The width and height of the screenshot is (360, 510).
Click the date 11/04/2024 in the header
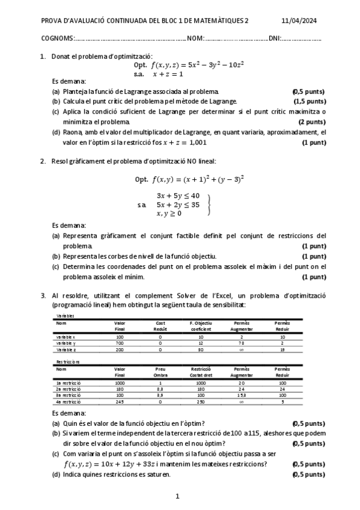pos(299,20)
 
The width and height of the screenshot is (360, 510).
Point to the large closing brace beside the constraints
pos(209,204)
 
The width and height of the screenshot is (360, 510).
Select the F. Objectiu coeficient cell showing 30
pos(201,349)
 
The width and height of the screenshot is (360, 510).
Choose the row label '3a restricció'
pos(68,396)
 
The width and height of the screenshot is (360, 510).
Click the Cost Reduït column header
pos(160,326)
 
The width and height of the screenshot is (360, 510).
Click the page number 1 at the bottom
pos(178,497)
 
